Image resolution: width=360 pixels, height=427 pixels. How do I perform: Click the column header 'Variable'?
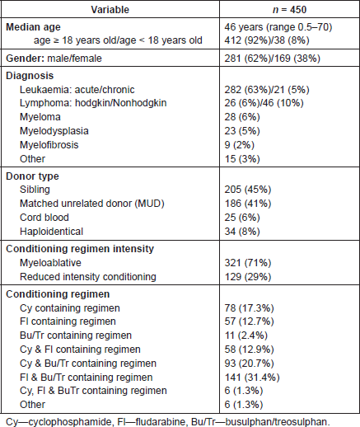[110, 10]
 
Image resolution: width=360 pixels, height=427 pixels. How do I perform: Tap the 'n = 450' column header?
[289, 10]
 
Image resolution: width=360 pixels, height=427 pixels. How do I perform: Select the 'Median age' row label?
[33, 27]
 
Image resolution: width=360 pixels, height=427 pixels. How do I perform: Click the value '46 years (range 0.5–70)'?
[278, 27]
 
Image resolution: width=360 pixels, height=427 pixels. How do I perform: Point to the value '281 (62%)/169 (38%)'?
[273, 59]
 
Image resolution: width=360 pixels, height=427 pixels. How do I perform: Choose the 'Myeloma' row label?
[40, 117]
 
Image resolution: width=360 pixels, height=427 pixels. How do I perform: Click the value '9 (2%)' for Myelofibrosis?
[240, 145]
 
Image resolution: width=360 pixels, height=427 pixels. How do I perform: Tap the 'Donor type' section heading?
[32, 176]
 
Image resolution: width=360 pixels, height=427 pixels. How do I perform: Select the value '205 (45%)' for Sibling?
[248, 190]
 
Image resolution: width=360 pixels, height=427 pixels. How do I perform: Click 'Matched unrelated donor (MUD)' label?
[92, 204]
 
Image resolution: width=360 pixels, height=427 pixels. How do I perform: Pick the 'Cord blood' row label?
[44, 218]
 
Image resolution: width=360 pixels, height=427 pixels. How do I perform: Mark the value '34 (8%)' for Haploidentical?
[242, 232]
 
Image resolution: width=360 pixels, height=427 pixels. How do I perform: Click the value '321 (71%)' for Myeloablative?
[248, 263]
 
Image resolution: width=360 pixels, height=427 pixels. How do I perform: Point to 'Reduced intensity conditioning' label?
[88, 277]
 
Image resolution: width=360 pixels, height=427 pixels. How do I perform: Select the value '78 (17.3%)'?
[249, 308]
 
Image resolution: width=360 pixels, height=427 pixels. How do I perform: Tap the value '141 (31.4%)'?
[252, 378]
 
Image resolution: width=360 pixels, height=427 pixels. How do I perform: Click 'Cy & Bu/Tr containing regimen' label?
[88, 364]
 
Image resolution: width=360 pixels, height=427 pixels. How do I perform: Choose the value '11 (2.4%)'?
[245, 335]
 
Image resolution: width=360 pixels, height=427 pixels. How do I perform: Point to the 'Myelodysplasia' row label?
[54, 131]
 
